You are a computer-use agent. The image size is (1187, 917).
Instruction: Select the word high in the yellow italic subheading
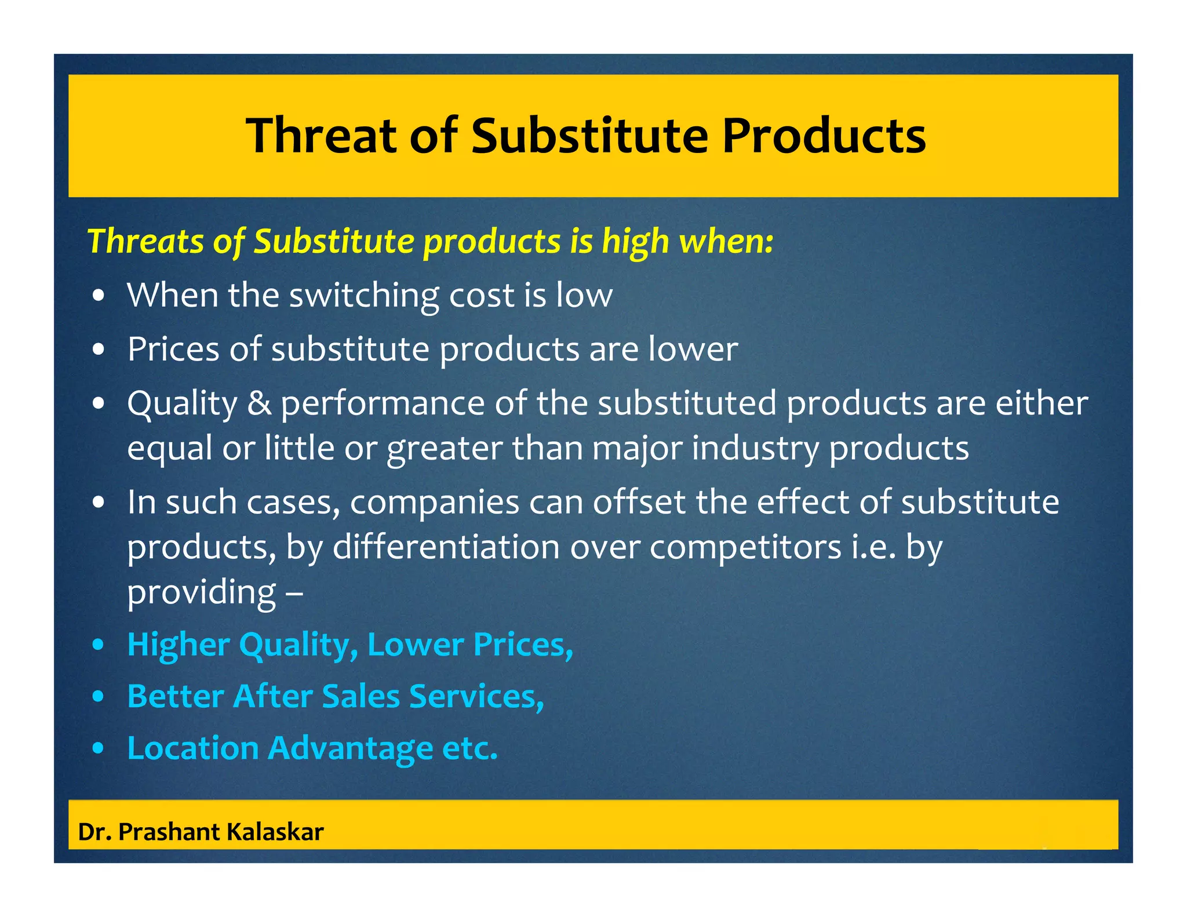(635, 242)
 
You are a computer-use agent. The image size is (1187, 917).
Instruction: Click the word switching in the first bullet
(365, 296)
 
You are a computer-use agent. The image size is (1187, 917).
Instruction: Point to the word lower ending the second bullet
(693, 350)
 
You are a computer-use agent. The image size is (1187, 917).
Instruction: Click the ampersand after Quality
(259, 403)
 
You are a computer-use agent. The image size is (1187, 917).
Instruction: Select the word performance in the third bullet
(383, 403)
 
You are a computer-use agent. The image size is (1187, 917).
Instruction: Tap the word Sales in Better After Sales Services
(361, 696)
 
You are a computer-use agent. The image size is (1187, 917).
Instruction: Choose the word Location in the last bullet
(192, 748)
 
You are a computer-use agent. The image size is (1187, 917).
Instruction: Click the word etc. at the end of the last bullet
(469, 748)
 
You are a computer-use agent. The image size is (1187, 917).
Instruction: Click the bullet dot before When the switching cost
(99, 296)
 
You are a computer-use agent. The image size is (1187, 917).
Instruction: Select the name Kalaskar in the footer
(275, 832)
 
